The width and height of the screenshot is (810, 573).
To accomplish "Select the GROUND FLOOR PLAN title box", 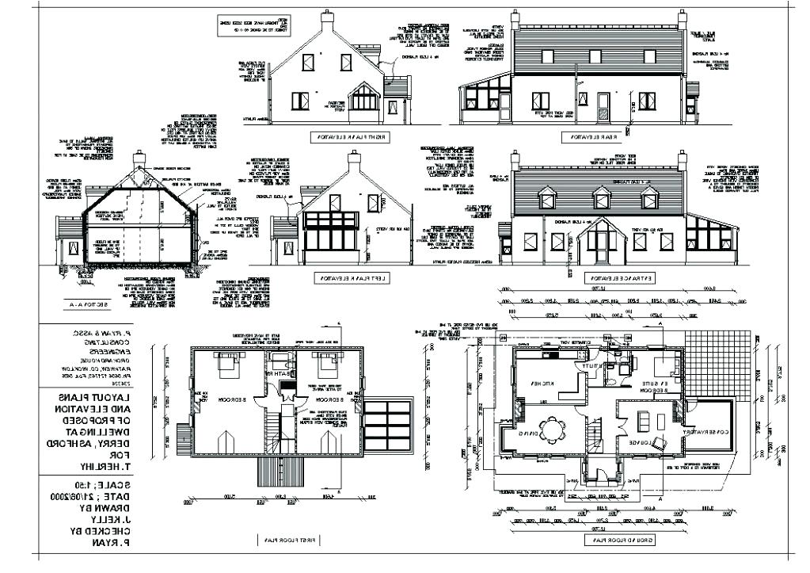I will coord(618,540).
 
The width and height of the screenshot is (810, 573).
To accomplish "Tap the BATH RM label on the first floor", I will coord(279,372).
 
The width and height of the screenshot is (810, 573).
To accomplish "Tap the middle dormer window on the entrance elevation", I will coord(603,198).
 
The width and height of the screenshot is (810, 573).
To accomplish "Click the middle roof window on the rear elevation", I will coord(595,55).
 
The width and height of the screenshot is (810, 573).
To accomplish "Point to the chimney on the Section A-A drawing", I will coord(139,159).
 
